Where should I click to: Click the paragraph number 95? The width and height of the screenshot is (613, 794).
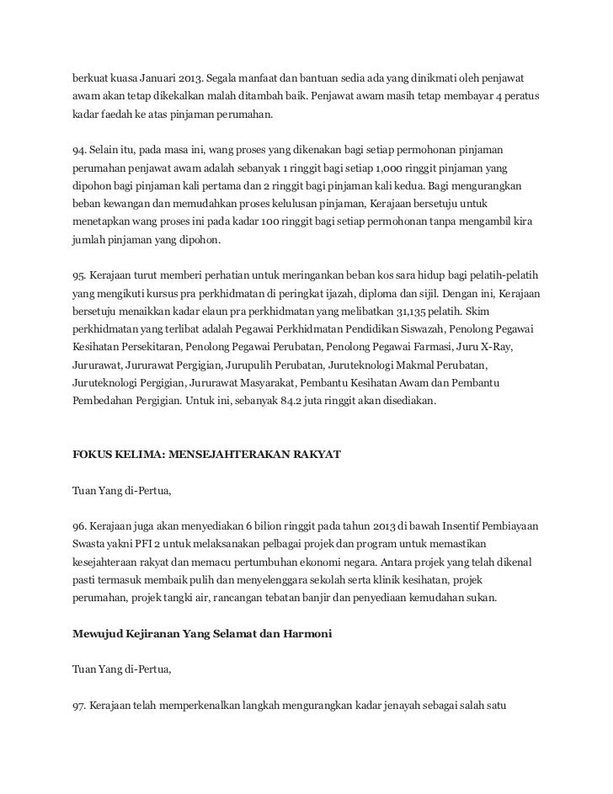[x=79, y=276]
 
